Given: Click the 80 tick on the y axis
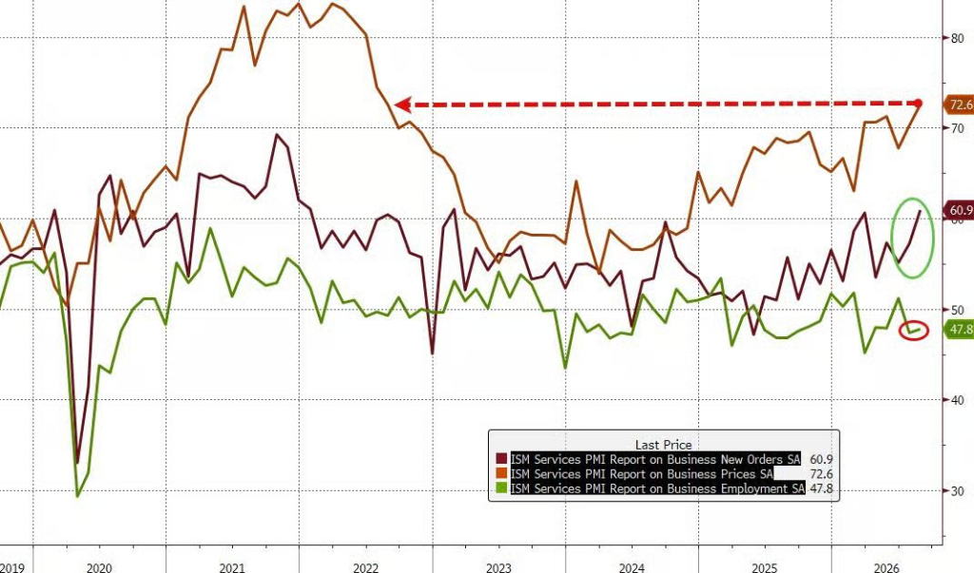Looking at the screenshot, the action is point(957,39).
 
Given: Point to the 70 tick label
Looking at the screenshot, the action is point(957,128).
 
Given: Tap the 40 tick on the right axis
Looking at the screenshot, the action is point(957,400).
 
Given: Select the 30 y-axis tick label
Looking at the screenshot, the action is point(957,491).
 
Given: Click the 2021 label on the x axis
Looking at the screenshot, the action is point(232,567).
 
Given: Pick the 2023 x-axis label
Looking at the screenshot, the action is point(498,567).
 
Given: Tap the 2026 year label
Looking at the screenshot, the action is point(886,567).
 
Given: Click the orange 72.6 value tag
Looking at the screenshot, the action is point(959,105).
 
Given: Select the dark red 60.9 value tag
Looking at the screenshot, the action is point(959,210).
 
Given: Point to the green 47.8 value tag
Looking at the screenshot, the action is point(959,329).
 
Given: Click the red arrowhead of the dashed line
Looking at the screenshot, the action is point(402,105).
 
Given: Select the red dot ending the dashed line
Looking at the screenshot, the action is point(919,103).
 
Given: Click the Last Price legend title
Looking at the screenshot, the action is point(663,445).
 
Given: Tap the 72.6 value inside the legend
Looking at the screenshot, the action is point(821,474).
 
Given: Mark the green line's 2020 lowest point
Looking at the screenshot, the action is point(78,495).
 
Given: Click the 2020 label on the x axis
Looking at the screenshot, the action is point(99,567).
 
